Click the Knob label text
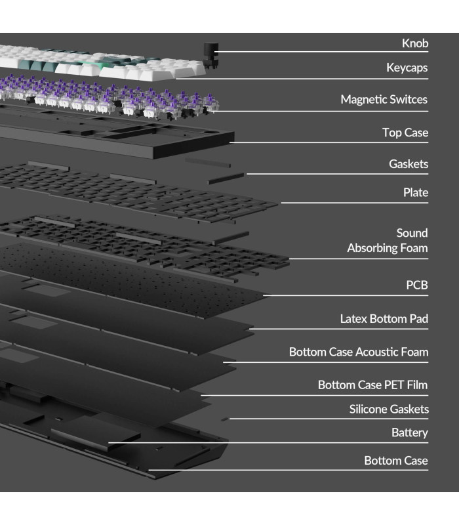click(414, 43)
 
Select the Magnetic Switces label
click(384, 100)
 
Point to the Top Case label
click(405, 133)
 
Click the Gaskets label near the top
click(408, 164)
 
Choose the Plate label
click(416, 192)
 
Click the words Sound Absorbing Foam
click(388, 240)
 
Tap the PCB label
click(416, 285)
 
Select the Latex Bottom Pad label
click(384, 319)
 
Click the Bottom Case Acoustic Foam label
click(358, 352)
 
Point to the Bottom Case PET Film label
click(372, 385)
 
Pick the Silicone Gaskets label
click(389, 409)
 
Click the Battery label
click(409, 432)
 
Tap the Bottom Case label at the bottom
click(395, 461)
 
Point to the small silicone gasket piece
click(225, 418)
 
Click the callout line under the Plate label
click(354, 203)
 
